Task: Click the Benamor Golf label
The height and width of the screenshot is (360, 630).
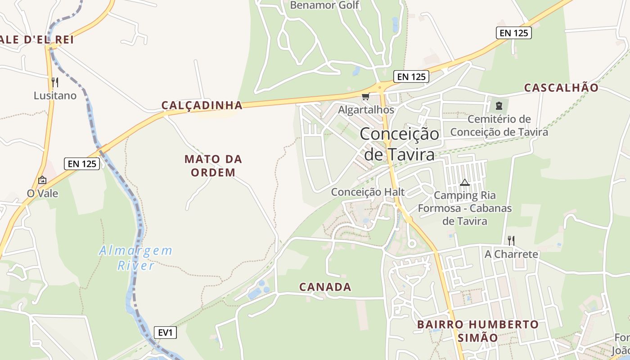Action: pos(324,5)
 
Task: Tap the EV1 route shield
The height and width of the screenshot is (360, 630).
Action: pos(166,333)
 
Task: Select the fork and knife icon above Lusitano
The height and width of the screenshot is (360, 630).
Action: pos(55,82)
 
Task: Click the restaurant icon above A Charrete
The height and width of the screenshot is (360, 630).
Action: pos(511,240)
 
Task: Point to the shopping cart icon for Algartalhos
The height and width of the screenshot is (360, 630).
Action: pos(366,97)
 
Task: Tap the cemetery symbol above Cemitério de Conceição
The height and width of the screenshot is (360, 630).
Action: pos(499,106)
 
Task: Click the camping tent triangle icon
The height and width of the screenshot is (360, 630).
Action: pos(465,182)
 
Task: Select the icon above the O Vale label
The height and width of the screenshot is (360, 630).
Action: pos(42,180)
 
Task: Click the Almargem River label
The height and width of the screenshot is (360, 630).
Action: pos(135,258)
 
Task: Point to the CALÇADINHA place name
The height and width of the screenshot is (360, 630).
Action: pos(202,105)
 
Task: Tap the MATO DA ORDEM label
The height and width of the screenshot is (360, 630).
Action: pos(213,166)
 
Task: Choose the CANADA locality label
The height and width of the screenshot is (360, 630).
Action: pos(325,287)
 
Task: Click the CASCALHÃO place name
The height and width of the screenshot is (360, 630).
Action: pos(562,88)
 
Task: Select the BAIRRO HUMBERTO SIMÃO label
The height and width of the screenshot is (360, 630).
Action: pos(478,331)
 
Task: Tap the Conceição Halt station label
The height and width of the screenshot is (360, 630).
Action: pos(368,192)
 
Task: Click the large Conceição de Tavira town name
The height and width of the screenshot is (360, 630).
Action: pos(400,144)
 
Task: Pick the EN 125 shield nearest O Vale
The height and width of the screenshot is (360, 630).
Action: pos(81,163)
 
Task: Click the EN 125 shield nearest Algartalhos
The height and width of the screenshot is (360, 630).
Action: pos(411,76)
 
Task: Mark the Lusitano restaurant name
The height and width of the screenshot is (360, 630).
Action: pos(55,96)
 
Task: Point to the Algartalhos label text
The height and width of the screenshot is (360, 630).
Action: pos(366,110)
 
